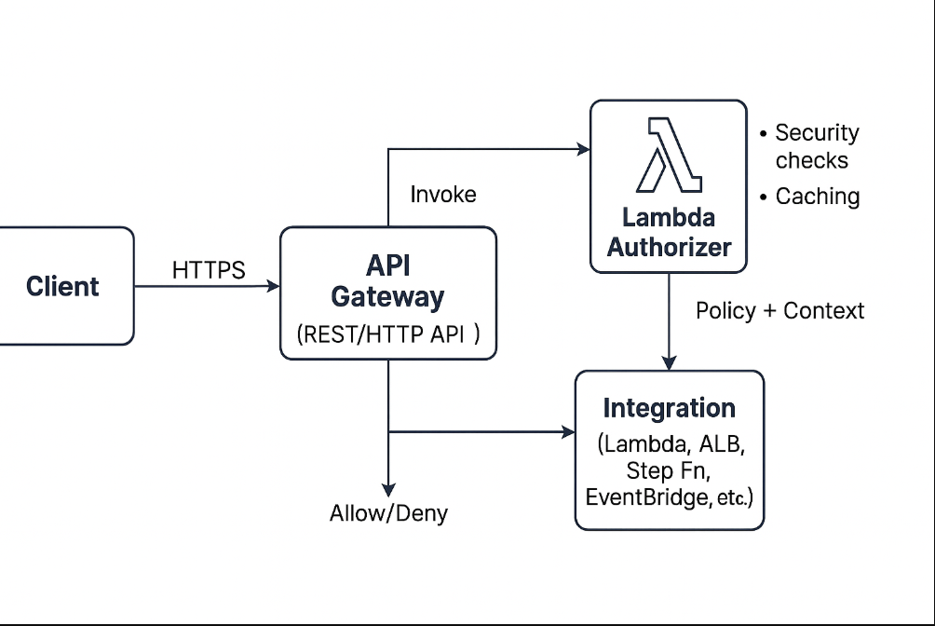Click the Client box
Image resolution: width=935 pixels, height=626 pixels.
(62, 286)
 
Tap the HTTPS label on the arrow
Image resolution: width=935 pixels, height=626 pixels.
(209, 270)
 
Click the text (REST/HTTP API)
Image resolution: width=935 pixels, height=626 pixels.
(388, 335)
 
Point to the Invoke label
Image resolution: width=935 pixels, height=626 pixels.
(443, 194)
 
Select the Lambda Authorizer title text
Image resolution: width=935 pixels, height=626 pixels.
(669, 233)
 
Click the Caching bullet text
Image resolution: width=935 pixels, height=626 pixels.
(817, 197)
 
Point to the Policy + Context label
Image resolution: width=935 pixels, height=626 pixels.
(779, 310)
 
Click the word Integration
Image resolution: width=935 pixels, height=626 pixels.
(669, 408)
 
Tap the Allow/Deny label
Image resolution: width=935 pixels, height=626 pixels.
(388, 512)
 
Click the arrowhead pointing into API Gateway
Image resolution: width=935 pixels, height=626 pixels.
(274, 286)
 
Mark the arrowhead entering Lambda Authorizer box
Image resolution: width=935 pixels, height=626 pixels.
(584, 148)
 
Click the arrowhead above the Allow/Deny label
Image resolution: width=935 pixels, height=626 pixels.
(388, 489)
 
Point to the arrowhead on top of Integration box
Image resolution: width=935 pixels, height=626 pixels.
(669, 363)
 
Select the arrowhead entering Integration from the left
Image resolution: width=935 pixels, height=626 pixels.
(568, 431)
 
